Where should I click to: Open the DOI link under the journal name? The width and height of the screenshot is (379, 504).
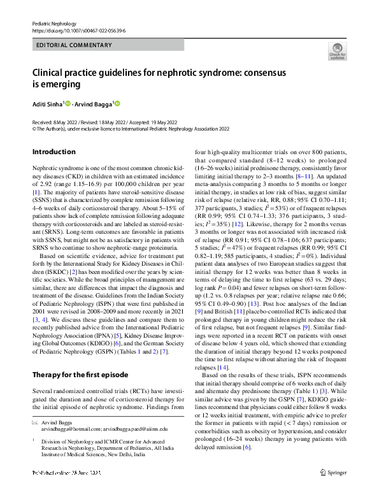(71, 30)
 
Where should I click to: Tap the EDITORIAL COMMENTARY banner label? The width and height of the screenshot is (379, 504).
(66, 47)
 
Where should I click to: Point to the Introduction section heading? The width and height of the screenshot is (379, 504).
(54, 152)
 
